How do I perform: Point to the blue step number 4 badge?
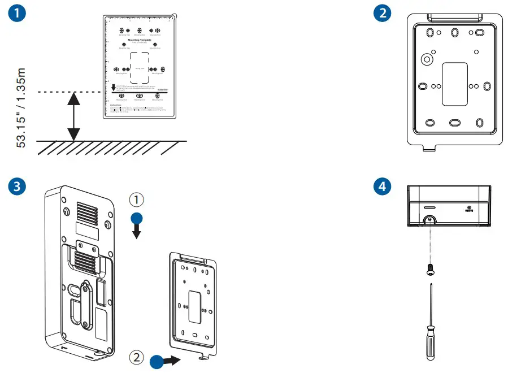click(x=384, y=187)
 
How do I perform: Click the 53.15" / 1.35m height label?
click(x=21, y=107)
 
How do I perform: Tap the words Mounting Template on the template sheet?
click(x=139, y=40)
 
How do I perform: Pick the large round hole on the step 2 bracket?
click(x=427, y=59)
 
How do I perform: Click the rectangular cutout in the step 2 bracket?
click(x=454, y=83)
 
